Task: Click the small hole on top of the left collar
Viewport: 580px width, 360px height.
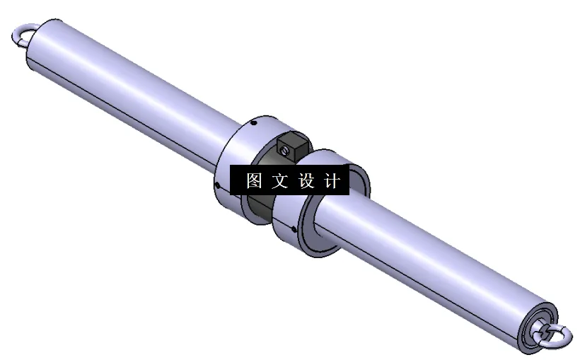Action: [x=255, y=123]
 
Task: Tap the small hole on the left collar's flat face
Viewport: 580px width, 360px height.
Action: [x=217, y=186]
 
